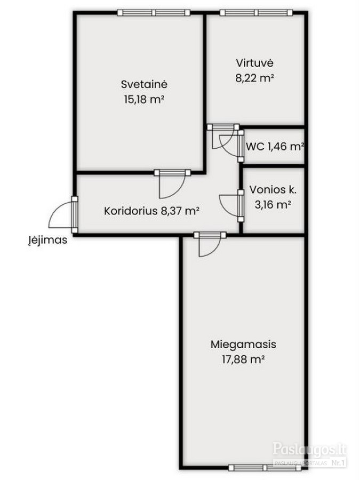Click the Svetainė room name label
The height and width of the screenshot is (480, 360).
click(144, 84)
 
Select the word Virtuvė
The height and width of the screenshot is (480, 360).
click(254, 63)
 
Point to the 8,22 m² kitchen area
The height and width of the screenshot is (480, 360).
click(254, 78)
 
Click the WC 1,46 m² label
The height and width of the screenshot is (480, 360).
click(275, 147)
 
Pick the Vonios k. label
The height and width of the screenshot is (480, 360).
click(273, 189)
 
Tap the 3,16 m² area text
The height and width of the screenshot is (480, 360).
click(273, 204)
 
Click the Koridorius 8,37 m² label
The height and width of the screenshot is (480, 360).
click(152, 211)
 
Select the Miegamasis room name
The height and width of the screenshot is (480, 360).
click(243, 344)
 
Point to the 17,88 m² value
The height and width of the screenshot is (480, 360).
click(243, 359)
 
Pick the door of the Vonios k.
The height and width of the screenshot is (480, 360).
click(233, 205)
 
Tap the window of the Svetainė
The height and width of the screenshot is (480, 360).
click(154, 13)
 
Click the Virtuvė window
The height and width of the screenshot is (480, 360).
click(256, 13)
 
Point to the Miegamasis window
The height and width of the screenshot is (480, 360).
click(265, 468)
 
